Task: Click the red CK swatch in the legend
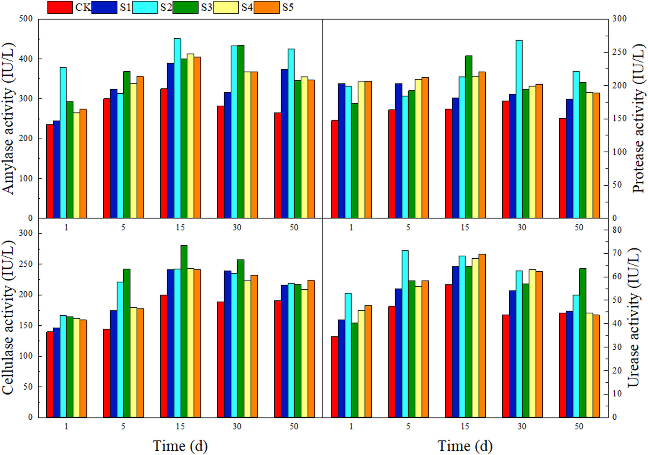point(60,7)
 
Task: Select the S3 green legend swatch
point(185,7)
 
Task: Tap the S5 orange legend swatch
point(266,7)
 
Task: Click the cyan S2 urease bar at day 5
point(405,334)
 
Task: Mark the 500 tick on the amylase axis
point(26,19)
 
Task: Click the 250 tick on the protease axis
point(619,52)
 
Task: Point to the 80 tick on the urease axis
point(617,230)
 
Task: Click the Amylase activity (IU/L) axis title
point(9,118)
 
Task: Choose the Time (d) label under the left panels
point(180,446)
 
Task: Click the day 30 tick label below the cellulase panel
point(237,426)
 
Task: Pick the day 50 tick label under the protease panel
point(579,227)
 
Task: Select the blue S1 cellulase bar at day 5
point(113,364)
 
